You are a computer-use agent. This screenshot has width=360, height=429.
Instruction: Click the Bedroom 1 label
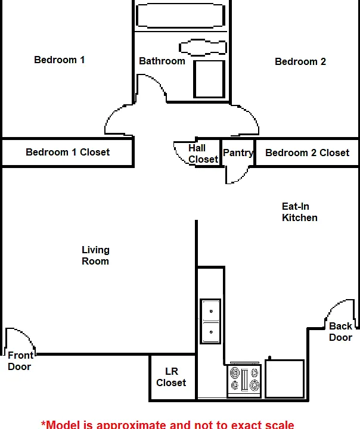click(60, 60)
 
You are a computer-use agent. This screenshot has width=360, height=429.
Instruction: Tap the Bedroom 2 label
click(300, 61)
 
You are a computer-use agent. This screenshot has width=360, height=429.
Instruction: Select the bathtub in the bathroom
click(181, 15)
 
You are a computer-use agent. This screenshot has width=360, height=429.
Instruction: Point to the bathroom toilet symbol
click(203, 48)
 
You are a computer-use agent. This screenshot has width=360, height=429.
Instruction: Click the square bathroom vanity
click(209, 79)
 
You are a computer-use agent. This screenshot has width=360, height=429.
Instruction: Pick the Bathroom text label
click(162, 61)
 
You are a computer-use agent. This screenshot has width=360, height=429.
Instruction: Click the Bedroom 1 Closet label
click(67, 152)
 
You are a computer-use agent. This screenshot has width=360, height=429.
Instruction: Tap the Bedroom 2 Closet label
click(307, 153)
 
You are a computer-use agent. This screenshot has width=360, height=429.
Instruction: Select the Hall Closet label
click(203, 154)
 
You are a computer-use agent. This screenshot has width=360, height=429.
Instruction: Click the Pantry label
click(238, 153)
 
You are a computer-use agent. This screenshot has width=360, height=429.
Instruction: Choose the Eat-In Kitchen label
click(299, 212)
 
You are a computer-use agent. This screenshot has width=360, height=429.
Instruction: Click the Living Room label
click(95, 256)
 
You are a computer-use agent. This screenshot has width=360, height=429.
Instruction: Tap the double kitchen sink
click(210, 321)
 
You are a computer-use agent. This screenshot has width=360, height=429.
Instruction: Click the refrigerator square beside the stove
click(285, 379)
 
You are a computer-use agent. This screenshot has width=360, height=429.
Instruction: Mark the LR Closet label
click(171, 377)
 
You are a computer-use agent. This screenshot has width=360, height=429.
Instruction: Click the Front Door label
click(20, 361)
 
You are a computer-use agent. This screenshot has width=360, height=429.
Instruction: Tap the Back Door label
click(340, 332)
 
